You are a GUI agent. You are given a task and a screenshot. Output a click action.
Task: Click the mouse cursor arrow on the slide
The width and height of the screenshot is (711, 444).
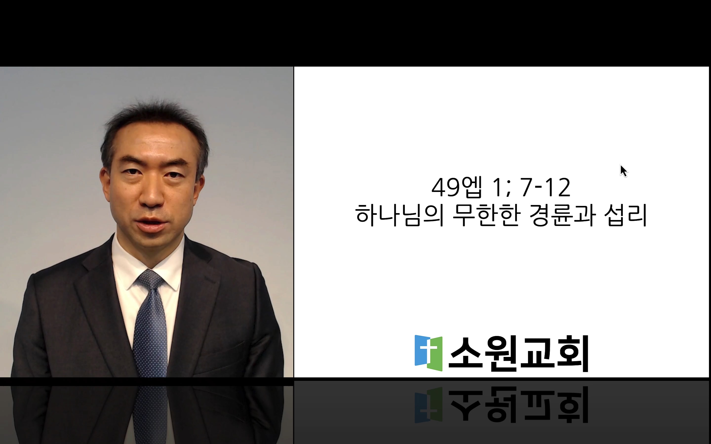click(623, 171)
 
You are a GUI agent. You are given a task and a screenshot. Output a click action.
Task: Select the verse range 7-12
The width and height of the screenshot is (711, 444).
click(545, 187)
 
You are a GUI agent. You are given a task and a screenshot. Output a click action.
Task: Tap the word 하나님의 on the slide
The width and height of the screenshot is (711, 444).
click(399, 216)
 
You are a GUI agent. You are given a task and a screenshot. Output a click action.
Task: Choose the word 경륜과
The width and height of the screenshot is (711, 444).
click(563, 216)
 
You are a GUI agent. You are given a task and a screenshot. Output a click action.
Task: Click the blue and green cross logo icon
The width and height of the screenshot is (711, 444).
click(428, 353)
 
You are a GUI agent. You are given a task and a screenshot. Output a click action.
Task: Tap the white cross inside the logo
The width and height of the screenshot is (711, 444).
click(428, 350)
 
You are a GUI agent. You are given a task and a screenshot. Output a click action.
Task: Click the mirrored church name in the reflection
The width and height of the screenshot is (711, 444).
click(518, 404)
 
